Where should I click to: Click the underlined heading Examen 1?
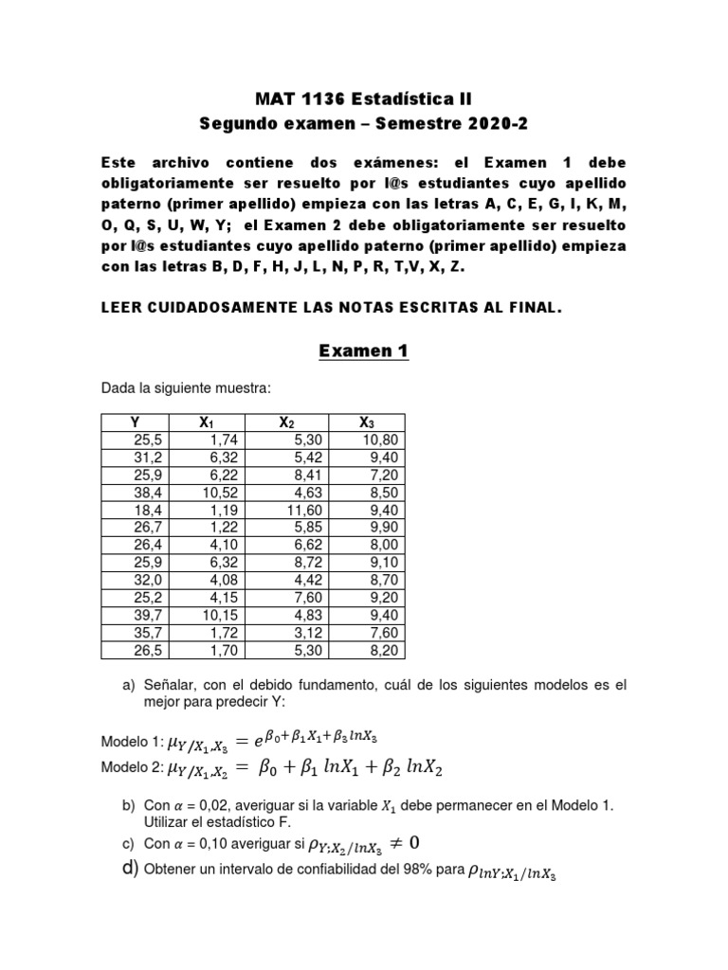point(364,351)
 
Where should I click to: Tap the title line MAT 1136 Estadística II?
point(364,99)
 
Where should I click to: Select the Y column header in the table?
point(135,422)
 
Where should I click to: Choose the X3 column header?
point(366,422)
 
